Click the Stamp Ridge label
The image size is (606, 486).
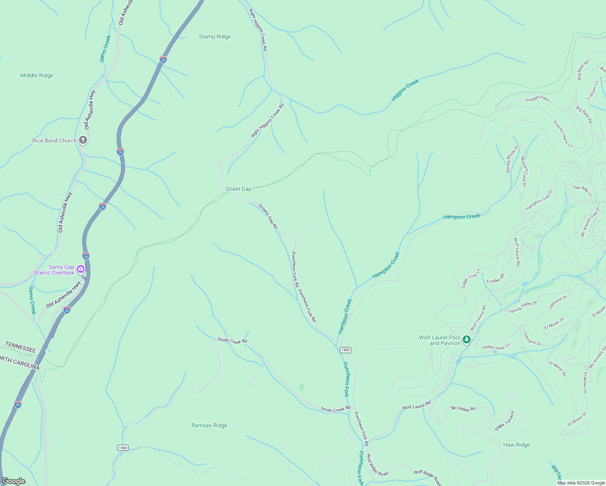click(215, 37)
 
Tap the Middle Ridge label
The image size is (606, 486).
click(36, 76)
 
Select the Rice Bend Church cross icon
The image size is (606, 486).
click(83, 141)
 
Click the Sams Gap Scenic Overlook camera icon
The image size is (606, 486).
click(81, 269)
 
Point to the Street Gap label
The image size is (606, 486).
click(238, 189)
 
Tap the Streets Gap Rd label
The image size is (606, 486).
click(268, 216)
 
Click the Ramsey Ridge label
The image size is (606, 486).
click(209, 426)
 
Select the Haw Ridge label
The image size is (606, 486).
click(516, 445)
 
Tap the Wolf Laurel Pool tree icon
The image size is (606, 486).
click(467, 340)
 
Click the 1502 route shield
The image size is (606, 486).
click(345, 350)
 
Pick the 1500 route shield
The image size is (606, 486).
click(122, 448)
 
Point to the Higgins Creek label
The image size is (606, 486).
click(405, 90)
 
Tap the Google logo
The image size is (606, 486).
click(13, 481)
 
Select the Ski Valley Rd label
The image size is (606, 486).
click(463, 409)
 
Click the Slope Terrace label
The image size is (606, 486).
click(504, 422)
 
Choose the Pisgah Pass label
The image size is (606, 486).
click(537, 98)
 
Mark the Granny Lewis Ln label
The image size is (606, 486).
click(563, 134)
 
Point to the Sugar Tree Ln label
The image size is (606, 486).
click(470, 278)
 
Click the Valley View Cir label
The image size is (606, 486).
click(496, 347)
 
